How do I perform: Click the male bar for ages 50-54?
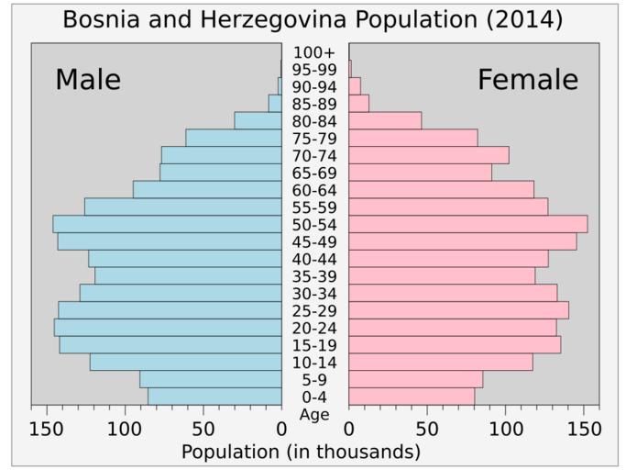pyautogui.click(x=167, y=224)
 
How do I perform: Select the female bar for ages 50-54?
pyautogui.click(x=467, y=224)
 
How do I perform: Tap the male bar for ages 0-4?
pyautogui.click(x=214, y=397)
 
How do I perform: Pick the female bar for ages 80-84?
pyautogui.click(x=385, y=121)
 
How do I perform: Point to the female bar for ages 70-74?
pyautogui.click(x=428, y=155)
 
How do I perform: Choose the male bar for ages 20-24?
pyautogui.click(x=168, y=328)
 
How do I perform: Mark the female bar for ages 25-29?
pyautogui.click(x=458, y=310)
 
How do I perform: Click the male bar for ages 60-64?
pyautogui.click(x=207, y=190)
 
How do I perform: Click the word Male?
pyautogui.click(x=88, y=80)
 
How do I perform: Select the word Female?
pyautogui.click(x=528, y=80)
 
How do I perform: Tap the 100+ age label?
pyautogui.click(x=314, y=52)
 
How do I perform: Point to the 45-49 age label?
pyautogui.click(x=314, y=241)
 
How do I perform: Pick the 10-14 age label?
pyautogui.click(x=314, y=363)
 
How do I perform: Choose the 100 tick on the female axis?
pyautogui.click(x=506, y=428)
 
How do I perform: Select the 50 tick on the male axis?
pyautogui.click(x=203, y=428)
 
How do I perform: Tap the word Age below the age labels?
pyautogui.click(x=314, y=414)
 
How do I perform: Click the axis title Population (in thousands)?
pyautogui.click(x=301, y=452)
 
